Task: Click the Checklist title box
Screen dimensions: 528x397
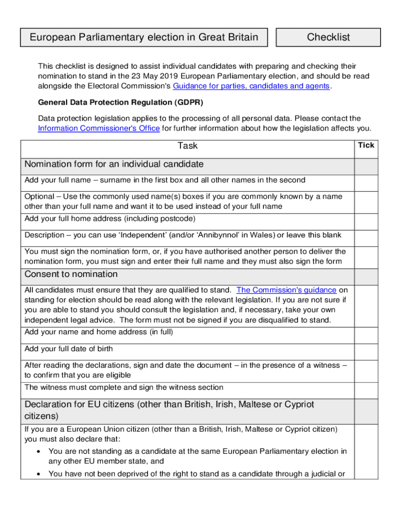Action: click(x=328, y=37)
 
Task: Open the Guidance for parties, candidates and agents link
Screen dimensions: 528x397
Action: click(x=251, y=86)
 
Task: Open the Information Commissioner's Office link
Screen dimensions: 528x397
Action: click(x=99, y=128)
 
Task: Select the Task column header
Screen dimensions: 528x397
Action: click(x=187, y=146)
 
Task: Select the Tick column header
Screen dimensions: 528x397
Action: click(x=366, y=145)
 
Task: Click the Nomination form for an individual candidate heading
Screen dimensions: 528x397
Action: click(x=114, y=164)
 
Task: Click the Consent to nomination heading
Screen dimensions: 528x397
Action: click(x=71, y=274)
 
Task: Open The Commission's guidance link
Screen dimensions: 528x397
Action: click(x=286, y=290)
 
